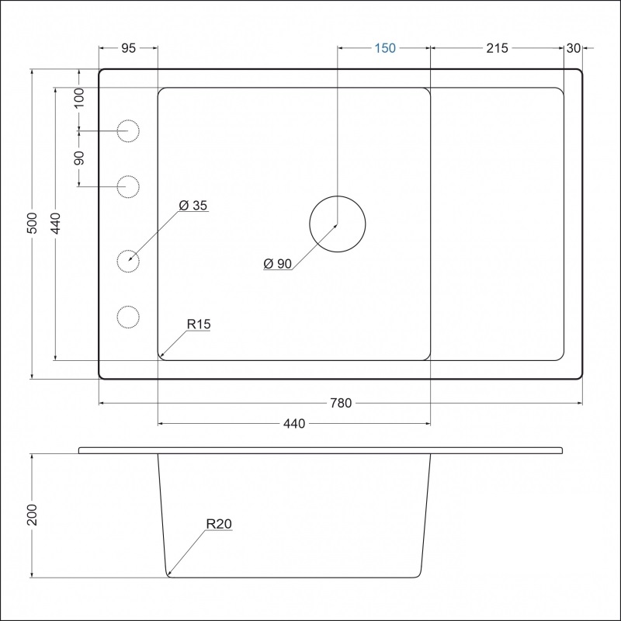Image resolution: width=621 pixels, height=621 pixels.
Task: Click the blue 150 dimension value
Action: coord(385,48)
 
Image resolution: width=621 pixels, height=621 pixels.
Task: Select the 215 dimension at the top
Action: coord(497,48)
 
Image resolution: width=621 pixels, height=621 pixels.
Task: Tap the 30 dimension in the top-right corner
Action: coord(574,48)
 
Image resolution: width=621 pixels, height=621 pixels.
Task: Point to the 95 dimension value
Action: coord(129,48)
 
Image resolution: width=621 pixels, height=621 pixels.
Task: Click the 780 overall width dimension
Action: coord(342,403)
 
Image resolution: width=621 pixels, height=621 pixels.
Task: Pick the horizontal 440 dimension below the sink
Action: coord(294,424)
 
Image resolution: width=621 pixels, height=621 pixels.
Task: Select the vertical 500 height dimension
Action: coord(33,224)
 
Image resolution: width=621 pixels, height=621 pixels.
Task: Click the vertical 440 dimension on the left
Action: coord(55,224)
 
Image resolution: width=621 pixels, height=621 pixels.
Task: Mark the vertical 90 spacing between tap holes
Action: coord(79,158)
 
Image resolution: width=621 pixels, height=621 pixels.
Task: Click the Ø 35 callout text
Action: coord(193,206)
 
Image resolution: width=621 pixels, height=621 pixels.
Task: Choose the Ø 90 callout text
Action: coord(277,264)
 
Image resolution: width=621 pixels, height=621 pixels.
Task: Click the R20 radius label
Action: coord(219,525)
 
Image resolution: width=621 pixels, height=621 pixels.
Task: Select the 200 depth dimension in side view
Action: coord(33,515)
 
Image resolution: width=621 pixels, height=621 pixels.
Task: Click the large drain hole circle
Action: coord(337,224)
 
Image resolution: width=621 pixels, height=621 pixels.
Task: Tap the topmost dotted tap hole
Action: coord(128,132)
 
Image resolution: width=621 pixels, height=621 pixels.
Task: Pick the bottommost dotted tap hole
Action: coord(128,317)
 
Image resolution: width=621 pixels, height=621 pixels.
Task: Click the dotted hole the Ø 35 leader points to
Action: coord(128,261)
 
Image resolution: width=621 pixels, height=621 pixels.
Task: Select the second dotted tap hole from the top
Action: coord(128,186)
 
